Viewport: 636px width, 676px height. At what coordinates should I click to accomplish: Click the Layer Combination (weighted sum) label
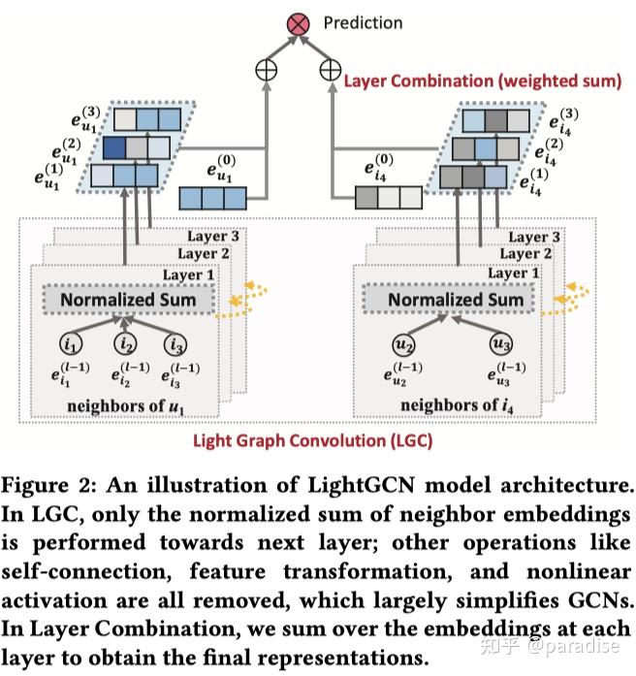tap(482, 80)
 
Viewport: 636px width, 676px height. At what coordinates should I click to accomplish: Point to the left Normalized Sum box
tap(128, 300)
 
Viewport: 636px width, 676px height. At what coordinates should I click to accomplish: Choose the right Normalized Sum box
tap(456, 300)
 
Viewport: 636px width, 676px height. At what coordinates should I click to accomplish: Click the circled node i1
tap(74, 343)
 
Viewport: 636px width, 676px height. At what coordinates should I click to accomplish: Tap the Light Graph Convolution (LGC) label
tap(312, 439)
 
